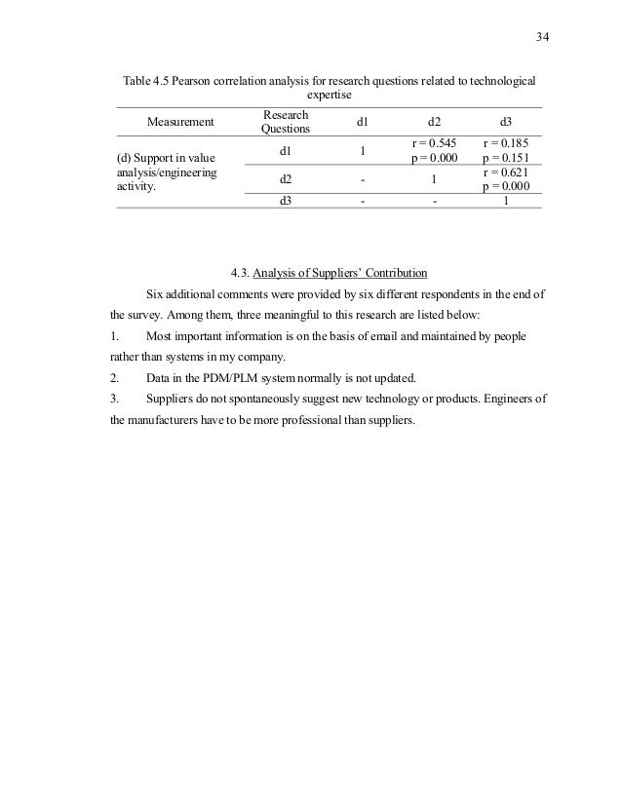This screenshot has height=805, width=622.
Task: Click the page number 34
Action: click(543, 38)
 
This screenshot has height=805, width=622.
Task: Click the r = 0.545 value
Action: click(434, 143)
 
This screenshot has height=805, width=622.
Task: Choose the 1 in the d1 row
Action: click(362, 151)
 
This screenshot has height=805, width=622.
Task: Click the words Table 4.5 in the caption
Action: click(144, 80)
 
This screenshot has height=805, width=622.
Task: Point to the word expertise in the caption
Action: click(329, 96)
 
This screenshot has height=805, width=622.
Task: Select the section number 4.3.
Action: click(237, 272)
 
